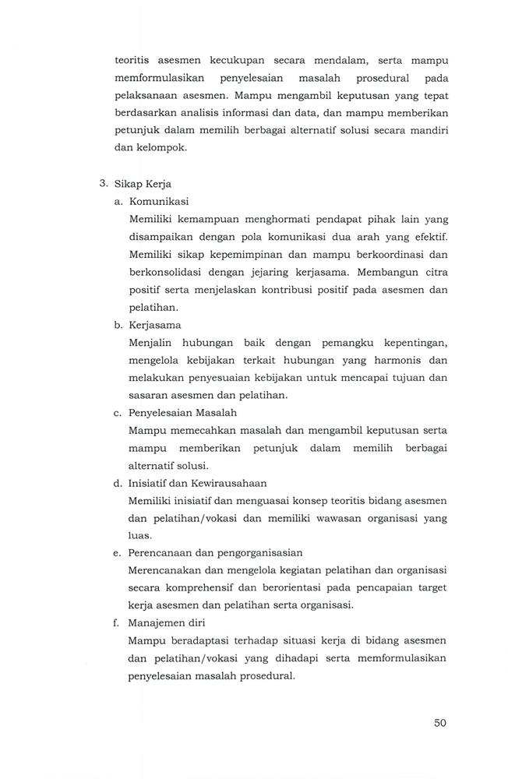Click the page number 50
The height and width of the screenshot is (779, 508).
tap(439, 722)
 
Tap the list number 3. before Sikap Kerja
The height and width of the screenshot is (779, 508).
tap(104, 185)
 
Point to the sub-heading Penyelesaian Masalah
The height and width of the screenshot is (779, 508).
tap(182, 413)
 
